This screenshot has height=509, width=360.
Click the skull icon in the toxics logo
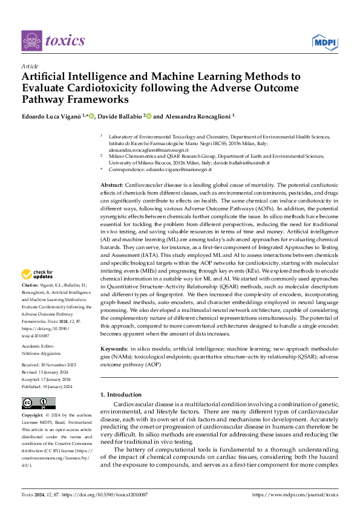[31, 41]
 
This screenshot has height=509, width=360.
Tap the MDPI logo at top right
[324, 41]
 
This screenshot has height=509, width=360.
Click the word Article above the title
[30, 66]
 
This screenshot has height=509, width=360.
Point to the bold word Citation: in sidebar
[30, 284]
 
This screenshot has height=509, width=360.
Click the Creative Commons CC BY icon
[38, 403]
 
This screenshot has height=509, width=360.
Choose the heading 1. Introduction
[121, 394]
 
